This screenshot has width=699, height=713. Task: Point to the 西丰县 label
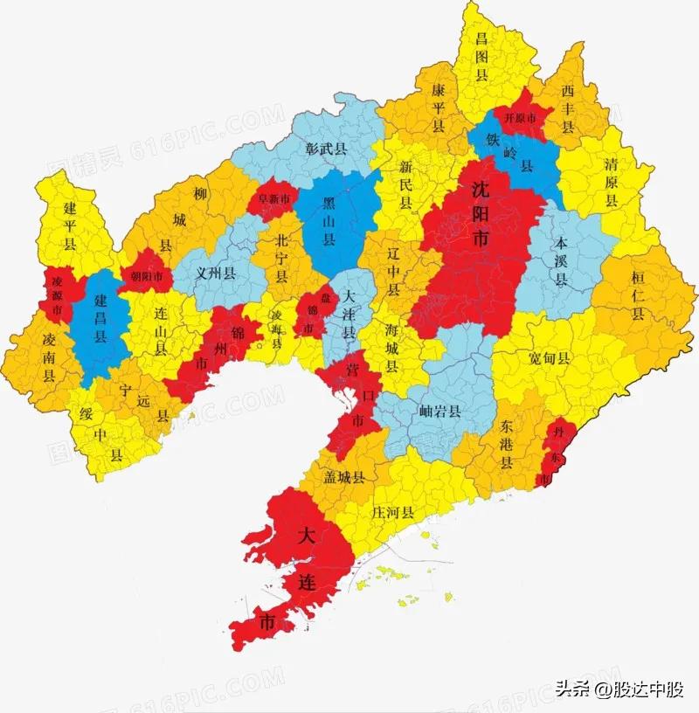(567, 108)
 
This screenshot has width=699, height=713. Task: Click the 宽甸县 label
(550, 358)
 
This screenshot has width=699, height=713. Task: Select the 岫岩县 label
(439, 412)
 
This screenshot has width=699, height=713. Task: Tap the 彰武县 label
(327, 149)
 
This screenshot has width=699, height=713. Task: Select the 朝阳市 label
(147, 274)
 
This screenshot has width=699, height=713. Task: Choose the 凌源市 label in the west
(58, 295)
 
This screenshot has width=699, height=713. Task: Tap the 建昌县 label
(99, 315)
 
